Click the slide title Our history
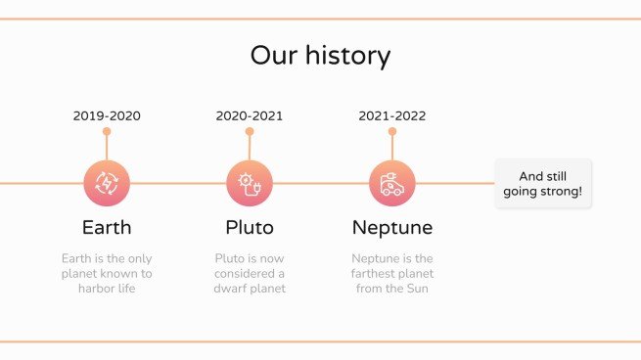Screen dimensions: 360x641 [320, 55]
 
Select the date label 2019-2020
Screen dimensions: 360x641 [107, 115]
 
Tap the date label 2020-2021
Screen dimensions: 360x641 [250, 115]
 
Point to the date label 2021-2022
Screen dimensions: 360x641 [391, 115]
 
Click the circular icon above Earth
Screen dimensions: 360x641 [107, 183]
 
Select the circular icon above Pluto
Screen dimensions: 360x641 [250, 183]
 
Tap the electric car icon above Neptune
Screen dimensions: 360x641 [391, 183]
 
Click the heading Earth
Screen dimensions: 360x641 [107, 228]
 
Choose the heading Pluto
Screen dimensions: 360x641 [250, 228]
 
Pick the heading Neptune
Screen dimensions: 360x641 [391, 228]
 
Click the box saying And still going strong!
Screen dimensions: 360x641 [543, 183]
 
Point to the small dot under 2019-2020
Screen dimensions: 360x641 [107, 131]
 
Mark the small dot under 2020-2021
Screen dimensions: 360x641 [250, 131]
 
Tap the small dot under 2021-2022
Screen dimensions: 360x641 [391, 131]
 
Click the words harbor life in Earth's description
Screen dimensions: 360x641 [107, 289]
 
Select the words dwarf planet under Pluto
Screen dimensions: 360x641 [250, 289]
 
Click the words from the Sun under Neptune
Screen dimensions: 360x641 [391, 289]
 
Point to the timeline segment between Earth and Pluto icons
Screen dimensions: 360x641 [178, 183]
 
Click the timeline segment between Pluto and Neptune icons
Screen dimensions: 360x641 [321, 183]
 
